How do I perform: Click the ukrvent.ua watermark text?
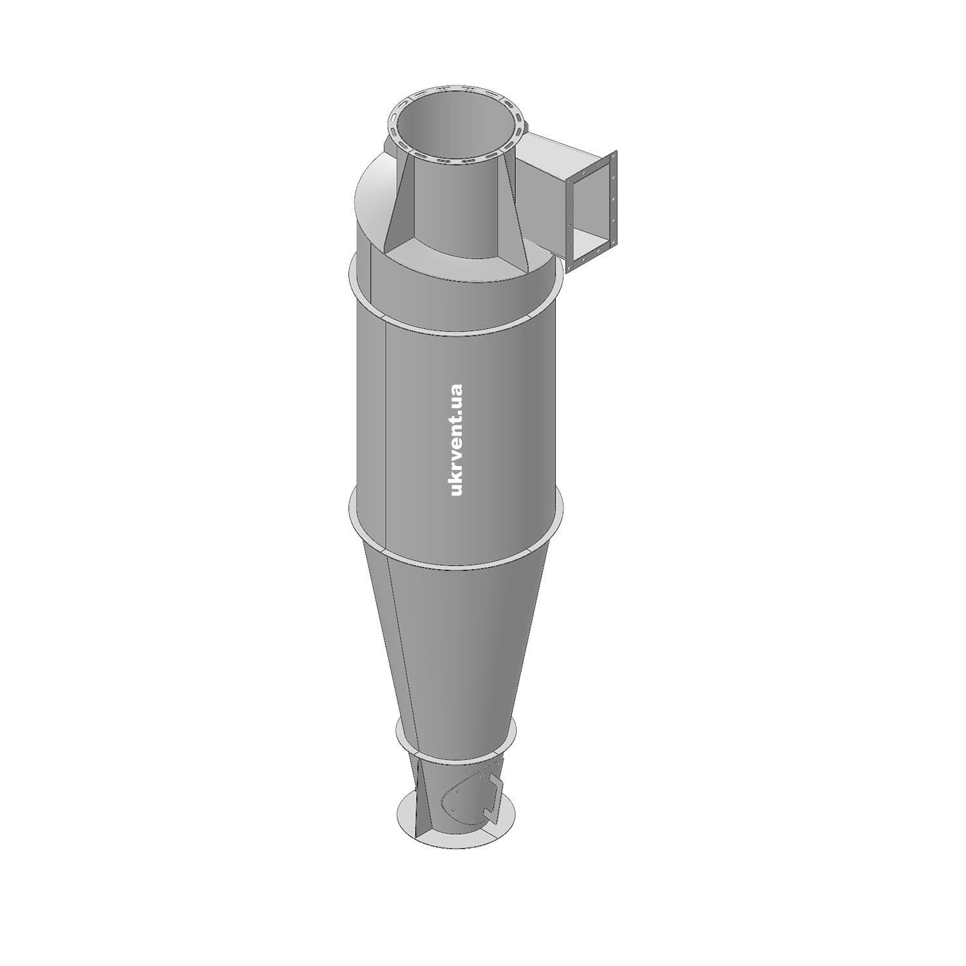pos(457,440)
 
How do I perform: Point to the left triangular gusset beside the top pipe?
pos(395,206)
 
